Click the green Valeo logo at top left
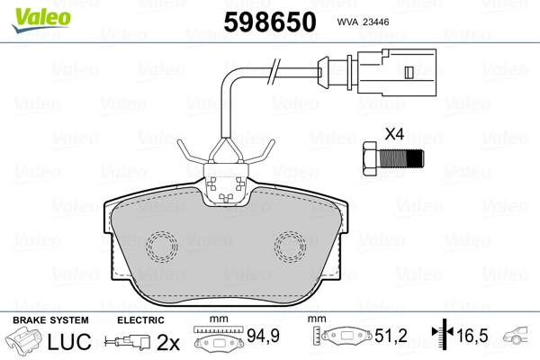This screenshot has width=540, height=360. (41, 20)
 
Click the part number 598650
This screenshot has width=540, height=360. (270, 22)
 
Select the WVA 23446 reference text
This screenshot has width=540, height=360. (363, 22)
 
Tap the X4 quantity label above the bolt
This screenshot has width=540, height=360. (394, 134)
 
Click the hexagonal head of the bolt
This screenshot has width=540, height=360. (370, 159)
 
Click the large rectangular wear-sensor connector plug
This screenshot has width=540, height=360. (397, 72)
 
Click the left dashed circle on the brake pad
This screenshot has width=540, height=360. (161, 247)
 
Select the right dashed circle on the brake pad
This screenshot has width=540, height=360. (291, 247)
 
